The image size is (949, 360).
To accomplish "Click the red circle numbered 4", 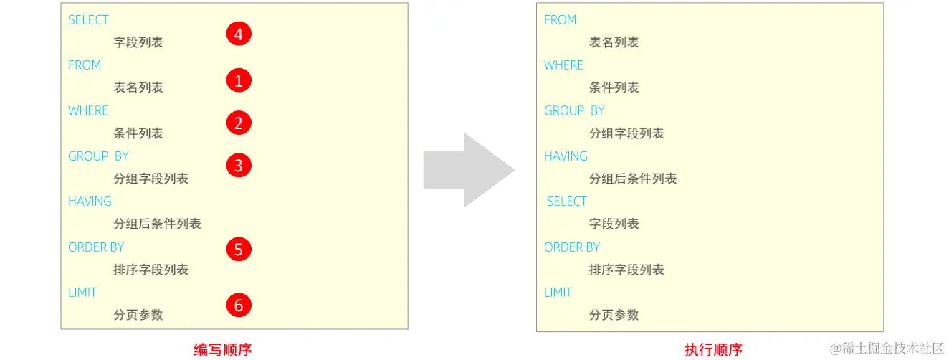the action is click(x=239, y=34).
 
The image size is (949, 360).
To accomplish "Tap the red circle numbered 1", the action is click(x=239, y=80).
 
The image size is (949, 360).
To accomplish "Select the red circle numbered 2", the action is click(x=239, y=123).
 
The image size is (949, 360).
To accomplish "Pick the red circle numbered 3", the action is click(x=239, y=166).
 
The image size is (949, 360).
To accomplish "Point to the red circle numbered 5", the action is click(x=239, y=249).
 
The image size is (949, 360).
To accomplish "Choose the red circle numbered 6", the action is click(x=239, y=305).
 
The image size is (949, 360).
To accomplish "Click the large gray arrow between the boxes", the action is click(x=468, y=170).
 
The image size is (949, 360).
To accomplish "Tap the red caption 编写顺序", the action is click(x=223, y=350).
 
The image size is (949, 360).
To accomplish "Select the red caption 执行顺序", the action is click(x=713, y=350).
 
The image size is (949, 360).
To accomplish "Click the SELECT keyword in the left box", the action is click(x=88, y=20).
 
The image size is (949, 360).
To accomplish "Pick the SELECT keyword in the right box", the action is click(x=566, y=202).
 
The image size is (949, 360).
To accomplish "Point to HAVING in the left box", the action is click(x=90, y=202).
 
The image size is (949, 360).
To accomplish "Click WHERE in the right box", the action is click(x=563, y=65).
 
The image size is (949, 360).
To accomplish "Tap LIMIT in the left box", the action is click(x=82, y=293).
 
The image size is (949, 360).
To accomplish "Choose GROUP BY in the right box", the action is click(x=574, y=110).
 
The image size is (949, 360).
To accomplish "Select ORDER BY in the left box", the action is click(x=96, y=247).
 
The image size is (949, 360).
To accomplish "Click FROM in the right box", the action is click(x=560, y=20).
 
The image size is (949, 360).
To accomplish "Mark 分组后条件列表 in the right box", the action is click(x=632, y=179).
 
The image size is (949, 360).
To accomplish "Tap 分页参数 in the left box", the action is click(x=138, y=315).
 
